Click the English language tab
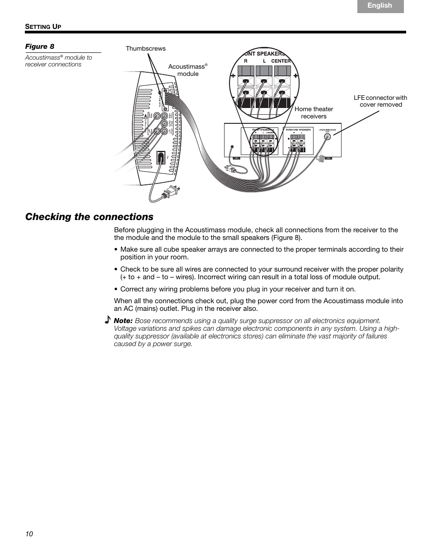point(380,6)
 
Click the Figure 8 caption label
point(37,47)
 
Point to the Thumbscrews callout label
point(145,48)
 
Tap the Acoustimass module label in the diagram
point(187,70)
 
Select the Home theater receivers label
point(314,113)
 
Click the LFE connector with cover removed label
point(380,101)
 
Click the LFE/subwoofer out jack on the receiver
point(324,141)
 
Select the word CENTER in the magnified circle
point(281,61)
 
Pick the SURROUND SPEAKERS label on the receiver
point(298,129)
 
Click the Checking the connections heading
point(89,217)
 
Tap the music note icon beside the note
point(107,320)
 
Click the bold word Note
point(123,320)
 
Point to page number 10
point(29,534)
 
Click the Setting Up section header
point(43,27)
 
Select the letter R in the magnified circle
point(246,61)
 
